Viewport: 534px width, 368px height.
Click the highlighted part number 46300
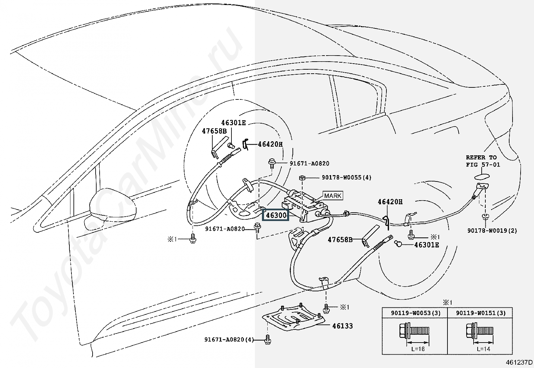tap(276, 215)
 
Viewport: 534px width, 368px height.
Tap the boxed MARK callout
tap(333, 196)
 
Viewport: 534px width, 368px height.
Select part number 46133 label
tap(342, 326)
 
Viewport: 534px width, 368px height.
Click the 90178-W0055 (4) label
tap(346, 177)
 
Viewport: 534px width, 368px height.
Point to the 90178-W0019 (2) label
tap(492, 231)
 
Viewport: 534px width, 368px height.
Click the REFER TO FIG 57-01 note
tap(483, 161)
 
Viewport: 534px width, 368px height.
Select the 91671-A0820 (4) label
tap(229, 340)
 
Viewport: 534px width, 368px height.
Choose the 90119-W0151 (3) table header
tap(481, 313)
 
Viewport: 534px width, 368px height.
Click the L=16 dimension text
tap(418, 349)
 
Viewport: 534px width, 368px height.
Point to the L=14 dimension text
tap(483, 349)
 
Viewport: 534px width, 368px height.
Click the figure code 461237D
tap(519, 362)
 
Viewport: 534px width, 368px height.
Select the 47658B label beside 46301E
tap(214, 131)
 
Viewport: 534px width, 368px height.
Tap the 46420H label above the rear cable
tap(390, 202)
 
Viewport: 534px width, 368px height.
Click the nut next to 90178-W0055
tap(302, 178)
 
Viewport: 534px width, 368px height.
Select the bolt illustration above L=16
tap(414, 330)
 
